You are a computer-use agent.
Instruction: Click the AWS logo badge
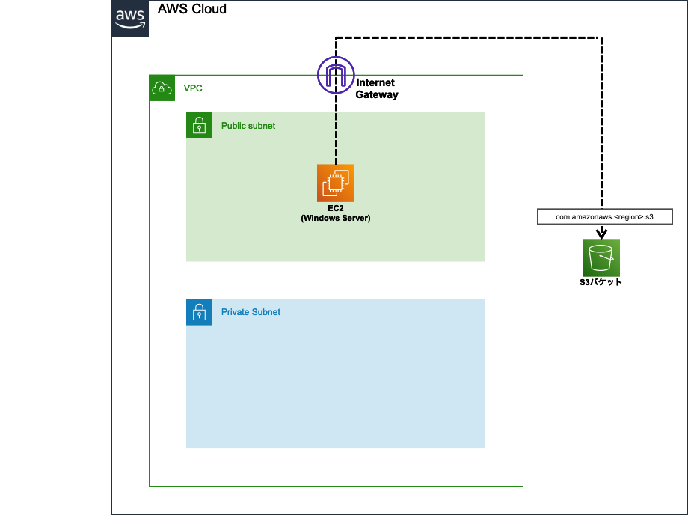(130, 19)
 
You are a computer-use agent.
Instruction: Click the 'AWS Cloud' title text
(191, 9)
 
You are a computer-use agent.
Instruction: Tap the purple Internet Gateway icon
(336, 75)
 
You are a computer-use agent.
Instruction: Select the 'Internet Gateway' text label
(376, 88)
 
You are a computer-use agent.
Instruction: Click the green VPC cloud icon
(162, 88)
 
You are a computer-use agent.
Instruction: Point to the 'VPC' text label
(193, 88)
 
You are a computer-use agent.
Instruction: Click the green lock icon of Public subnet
(199, 125)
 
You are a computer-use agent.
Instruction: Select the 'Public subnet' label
(248, 126)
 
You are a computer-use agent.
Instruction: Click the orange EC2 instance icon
(336, 183)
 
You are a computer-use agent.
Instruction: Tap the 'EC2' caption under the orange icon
(336, 208)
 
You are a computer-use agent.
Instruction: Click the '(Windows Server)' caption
(336, 219)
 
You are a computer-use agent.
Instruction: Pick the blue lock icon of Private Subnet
(199, 312)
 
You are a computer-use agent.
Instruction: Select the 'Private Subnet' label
(251, 312)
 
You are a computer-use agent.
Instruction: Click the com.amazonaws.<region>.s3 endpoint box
(605, 217)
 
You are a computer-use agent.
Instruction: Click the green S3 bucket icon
(601, 257)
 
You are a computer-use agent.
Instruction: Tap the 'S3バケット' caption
(601, 282)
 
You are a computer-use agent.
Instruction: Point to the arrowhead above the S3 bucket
(601, 233)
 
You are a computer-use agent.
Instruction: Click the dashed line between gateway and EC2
(336, 129)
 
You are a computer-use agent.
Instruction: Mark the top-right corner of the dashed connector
(601, 38)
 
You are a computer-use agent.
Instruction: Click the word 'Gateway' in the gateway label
(377, 94)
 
